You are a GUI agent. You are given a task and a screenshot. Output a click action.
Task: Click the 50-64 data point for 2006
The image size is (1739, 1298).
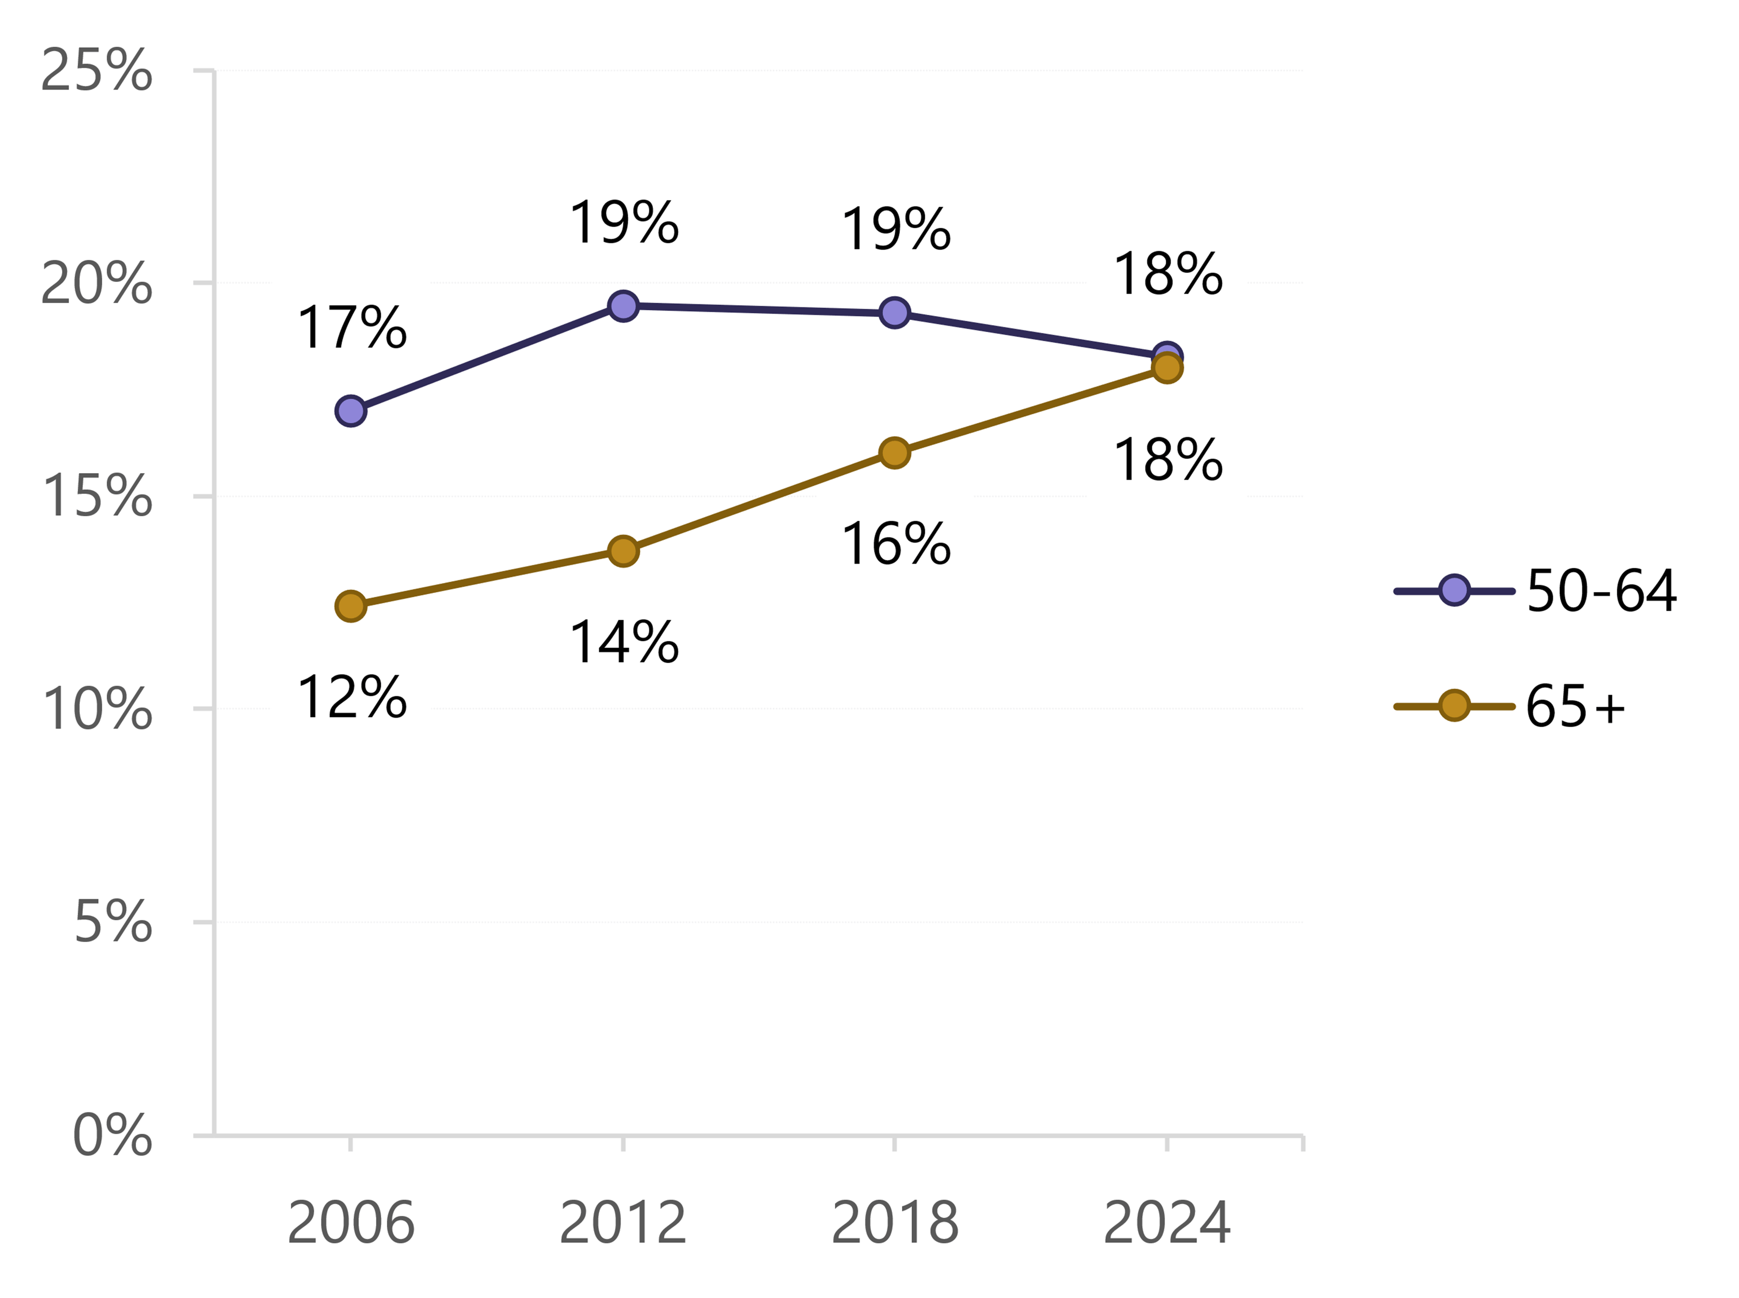pyautogui.click(x=350, y=411)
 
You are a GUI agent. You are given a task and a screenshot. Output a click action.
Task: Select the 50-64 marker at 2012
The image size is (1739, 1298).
pyautogui.click(x=623, y=306)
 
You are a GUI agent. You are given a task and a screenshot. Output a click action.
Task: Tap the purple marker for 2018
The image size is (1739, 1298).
pyautogui.click(x=895, y=313)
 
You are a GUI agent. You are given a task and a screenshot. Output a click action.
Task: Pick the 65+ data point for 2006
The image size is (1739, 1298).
pyautogui.click(x=350, y=606)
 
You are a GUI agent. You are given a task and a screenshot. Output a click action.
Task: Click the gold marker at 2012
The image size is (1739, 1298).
pyautogui.click(x=623, y=551)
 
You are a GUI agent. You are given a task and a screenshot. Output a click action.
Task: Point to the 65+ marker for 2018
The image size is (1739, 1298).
pyautogui.click(x=895, y=453)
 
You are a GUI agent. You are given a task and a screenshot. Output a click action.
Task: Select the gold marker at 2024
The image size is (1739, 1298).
pyautogui.click(x=1167, y=368)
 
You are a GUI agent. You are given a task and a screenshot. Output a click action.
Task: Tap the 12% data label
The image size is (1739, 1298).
pyautogui.click(x=351, y=697)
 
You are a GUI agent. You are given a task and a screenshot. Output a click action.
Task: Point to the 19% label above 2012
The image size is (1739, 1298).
pyautogui.click(x=624, y=223)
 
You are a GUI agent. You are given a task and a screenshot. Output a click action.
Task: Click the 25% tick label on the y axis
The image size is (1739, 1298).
pyautogui.click(x=96, y=70)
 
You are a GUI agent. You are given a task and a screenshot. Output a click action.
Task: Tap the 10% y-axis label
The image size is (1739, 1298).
pyautogui.click(x=96, y=709)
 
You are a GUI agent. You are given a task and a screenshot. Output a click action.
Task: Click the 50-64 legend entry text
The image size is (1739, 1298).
pyautogui.click(x=1601, y=591)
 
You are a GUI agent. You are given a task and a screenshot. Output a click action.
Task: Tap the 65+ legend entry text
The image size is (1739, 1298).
pyautogui.click(x=1575, y=706)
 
